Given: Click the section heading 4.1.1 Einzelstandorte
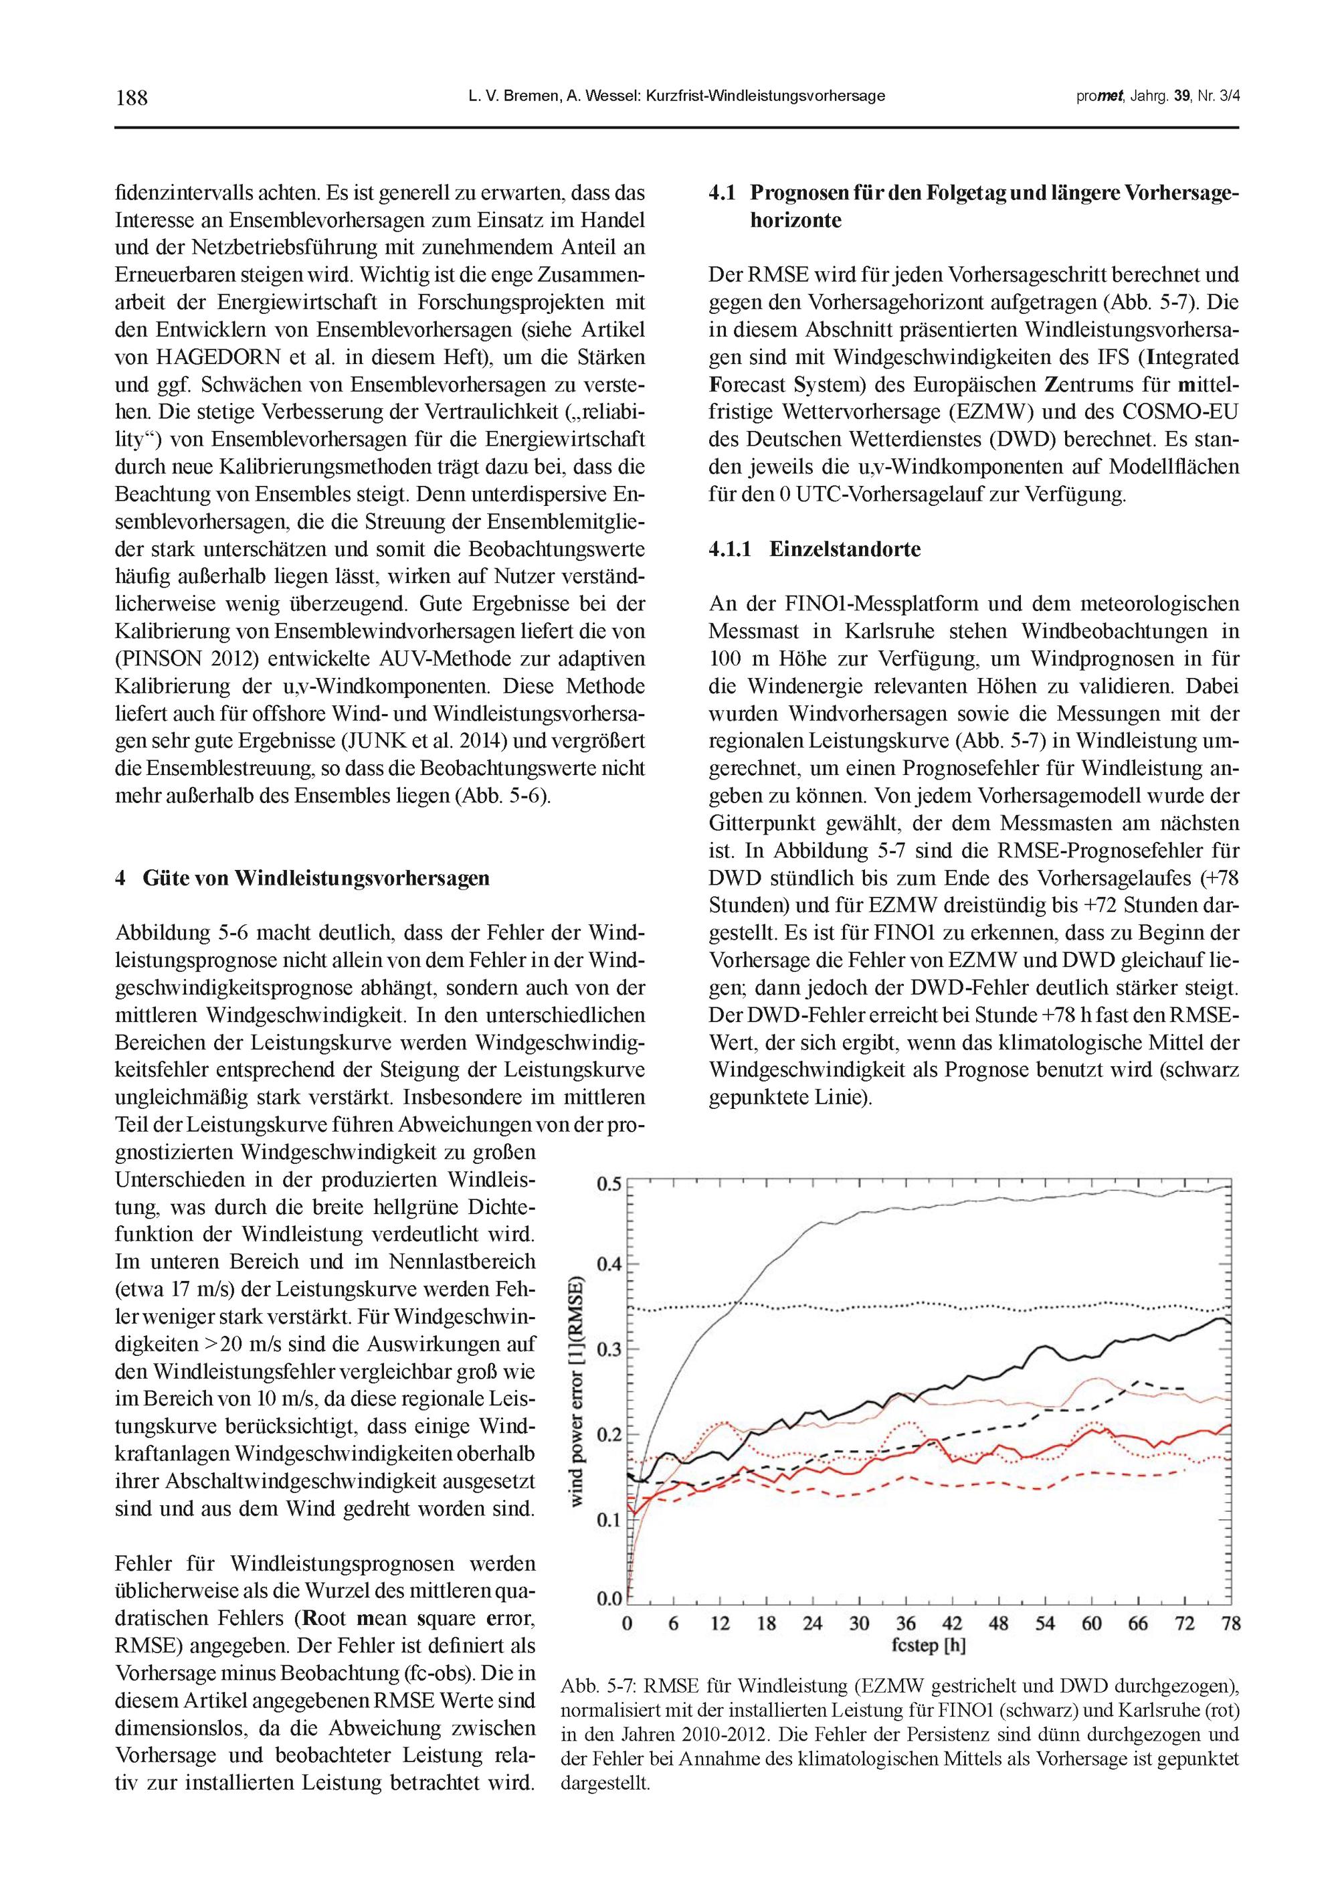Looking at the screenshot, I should (814, 549).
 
